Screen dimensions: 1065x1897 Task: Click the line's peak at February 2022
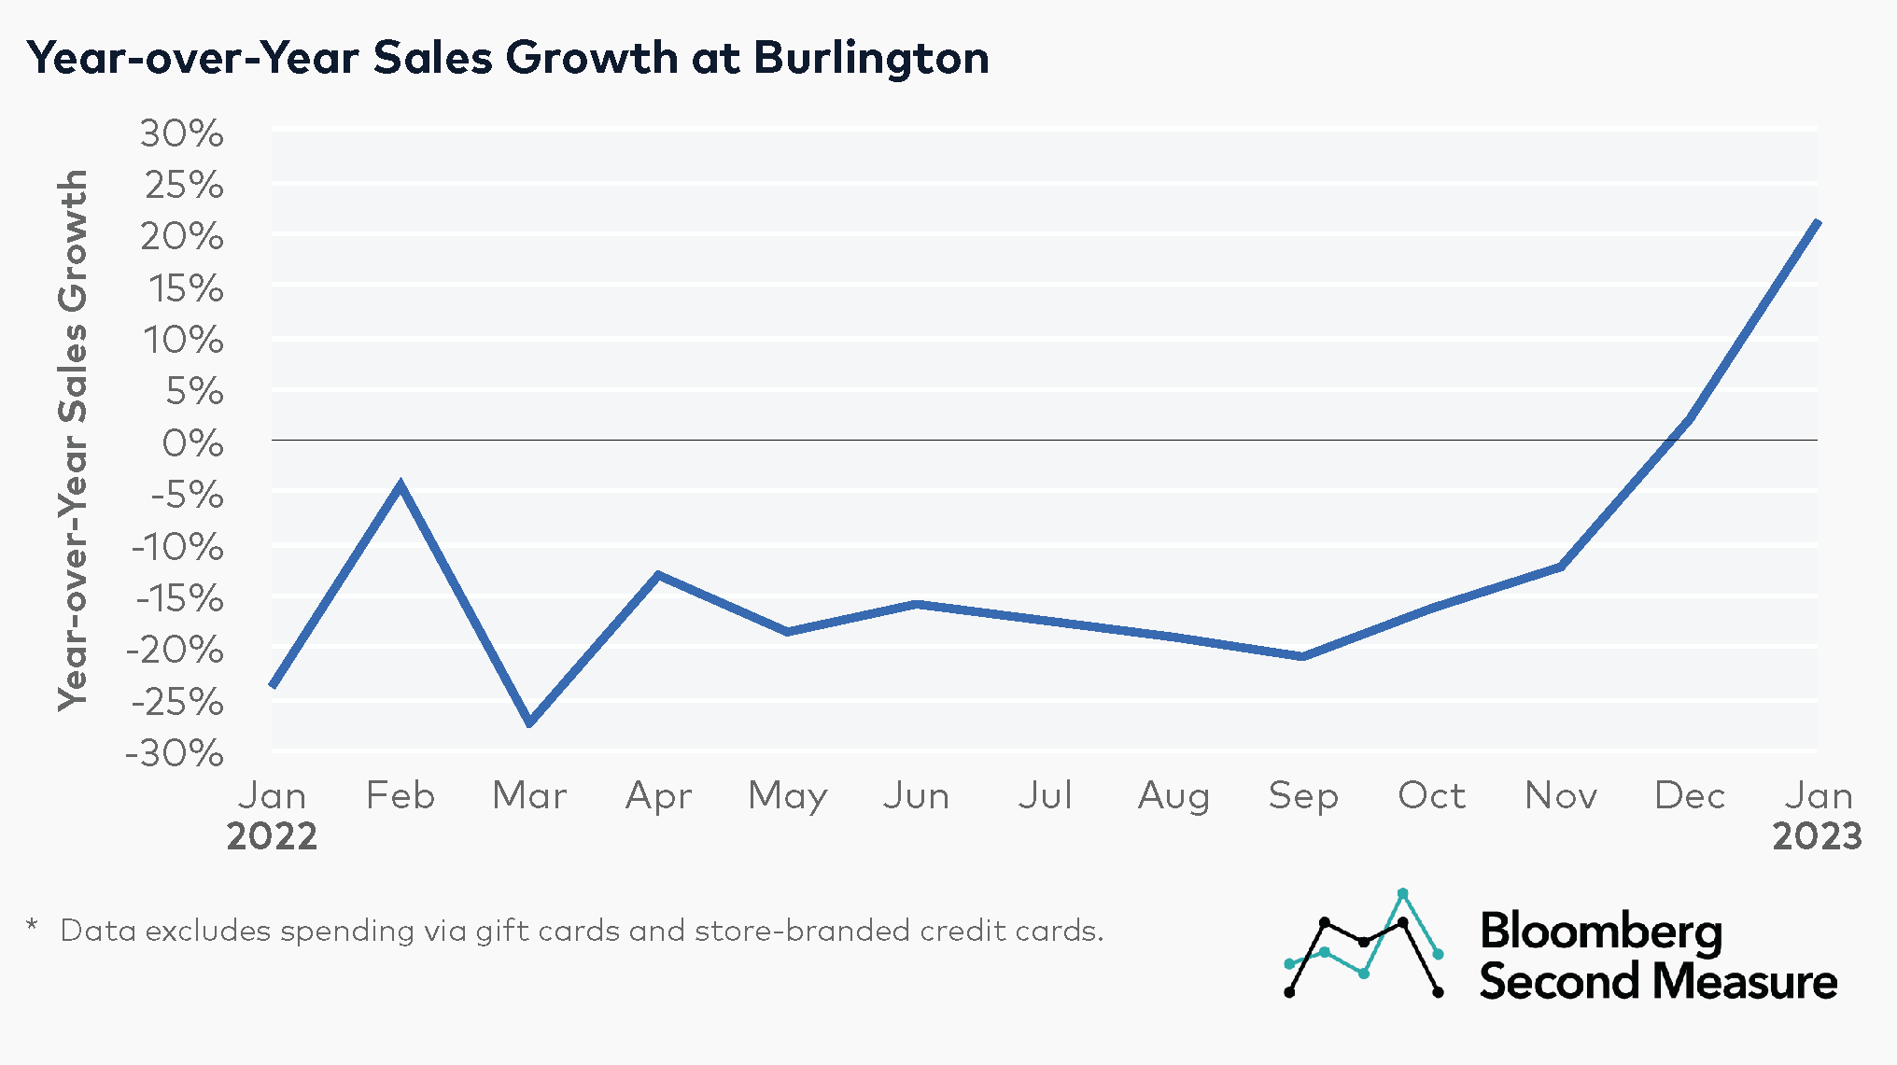click(x=400, y=484)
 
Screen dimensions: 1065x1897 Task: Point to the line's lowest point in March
click(x=529, y=722)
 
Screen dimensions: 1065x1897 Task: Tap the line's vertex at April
click(x=658, y=575)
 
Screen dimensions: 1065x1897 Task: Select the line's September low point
click(x=1302, y=656)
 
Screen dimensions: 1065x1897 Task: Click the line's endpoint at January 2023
click(x=1817, y=222)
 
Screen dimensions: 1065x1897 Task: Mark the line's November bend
click(x=1561, y=566)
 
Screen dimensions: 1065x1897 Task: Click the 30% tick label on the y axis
click(x=182, y=133)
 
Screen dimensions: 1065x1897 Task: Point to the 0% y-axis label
click(x=192, y=442)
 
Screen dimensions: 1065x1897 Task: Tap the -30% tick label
click(x=175, y=752)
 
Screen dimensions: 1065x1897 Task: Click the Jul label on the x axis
click(x=1045, y=795)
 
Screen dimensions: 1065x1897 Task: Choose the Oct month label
click(x=1431, y=795)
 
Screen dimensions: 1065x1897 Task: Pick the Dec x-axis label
click(x=1689, y=795)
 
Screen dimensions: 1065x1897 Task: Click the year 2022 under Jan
click(x=272, y=835)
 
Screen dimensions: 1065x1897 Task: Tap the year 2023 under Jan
click(x=1817, y=835)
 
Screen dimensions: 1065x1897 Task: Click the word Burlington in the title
click(x=871, y=58)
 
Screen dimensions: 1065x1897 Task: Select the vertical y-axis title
click(x=73, y=441)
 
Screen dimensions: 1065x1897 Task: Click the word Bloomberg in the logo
click(x=1601, y=932)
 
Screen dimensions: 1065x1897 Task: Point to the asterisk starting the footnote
click(x=33, y=927)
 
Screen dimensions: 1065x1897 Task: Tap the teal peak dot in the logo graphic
click(x=1402, y=893)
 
